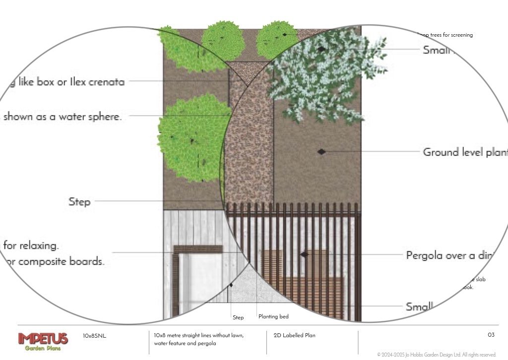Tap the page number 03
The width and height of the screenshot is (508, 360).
(491, 335)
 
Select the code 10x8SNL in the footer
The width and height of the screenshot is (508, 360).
(94, 336)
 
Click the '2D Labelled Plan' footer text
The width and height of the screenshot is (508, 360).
(294, 336)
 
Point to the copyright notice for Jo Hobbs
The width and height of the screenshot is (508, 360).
(437, 355)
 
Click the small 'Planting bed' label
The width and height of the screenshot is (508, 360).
(273, 316)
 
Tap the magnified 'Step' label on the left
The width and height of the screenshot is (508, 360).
(79, 202)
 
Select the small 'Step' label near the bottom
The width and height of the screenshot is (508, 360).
(238, 317)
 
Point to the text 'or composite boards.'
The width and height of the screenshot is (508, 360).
(55, 262)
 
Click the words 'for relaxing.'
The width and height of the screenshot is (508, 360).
(31, 245)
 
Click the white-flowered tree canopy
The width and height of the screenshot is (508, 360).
(322, 74)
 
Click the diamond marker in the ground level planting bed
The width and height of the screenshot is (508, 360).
(321, 151)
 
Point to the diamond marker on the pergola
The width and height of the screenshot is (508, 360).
(305, 254)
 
